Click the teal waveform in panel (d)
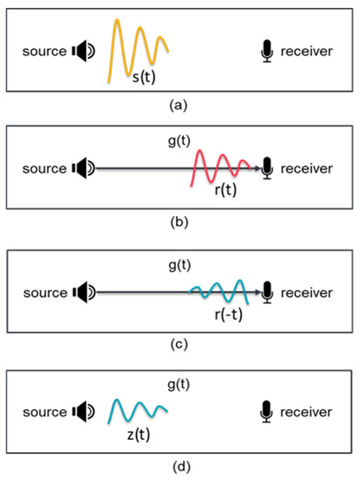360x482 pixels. click(138, 409)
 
